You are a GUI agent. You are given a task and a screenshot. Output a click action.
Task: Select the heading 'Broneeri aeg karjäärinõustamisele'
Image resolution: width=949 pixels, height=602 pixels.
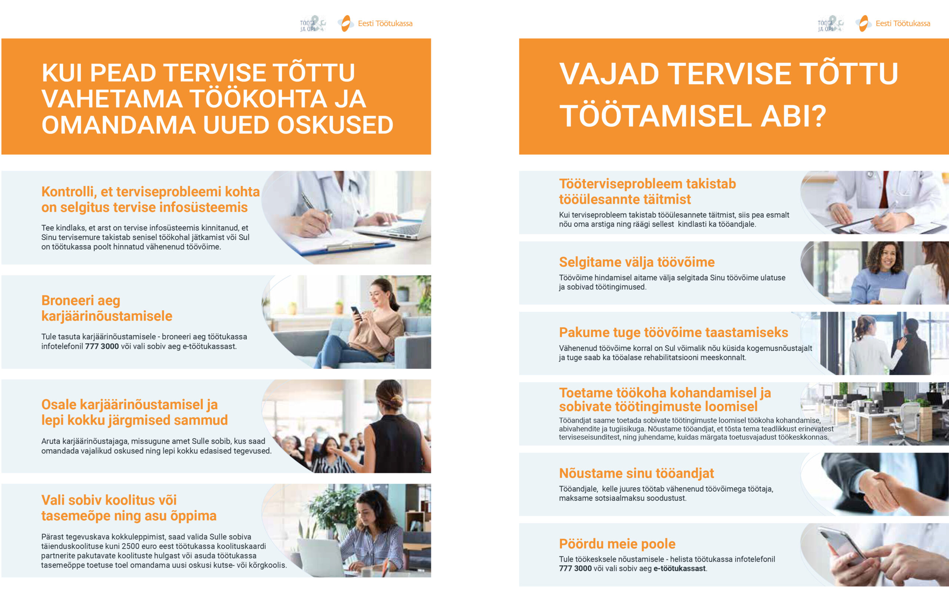(106, 308)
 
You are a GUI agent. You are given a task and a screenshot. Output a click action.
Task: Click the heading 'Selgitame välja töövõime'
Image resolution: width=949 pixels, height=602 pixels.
(636, 262)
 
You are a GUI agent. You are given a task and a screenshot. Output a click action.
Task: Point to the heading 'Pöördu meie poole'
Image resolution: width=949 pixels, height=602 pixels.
(617, 544)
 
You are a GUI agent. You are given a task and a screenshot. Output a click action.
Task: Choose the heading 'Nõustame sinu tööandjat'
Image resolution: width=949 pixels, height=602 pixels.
(636, 473)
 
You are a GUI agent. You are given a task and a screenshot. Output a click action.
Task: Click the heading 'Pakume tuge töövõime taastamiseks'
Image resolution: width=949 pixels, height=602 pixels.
(674, 333)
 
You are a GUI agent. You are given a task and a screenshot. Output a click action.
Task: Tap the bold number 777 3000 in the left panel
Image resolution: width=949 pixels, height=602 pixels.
(102, 347)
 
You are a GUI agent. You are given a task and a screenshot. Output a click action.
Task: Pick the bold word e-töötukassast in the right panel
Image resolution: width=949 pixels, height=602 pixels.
(679, 569)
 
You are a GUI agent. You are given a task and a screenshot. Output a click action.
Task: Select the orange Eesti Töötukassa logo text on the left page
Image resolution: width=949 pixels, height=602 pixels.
(385, 24)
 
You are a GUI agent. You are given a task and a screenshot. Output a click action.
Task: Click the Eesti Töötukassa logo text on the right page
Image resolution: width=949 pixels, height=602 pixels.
(903, 24)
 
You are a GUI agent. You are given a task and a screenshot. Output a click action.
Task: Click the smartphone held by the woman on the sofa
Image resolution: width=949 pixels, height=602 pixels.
(356, 312)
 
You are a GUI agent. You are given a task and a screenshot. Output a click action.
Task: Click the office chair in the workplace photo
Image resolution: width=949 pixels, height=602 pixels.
(906, 423)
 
